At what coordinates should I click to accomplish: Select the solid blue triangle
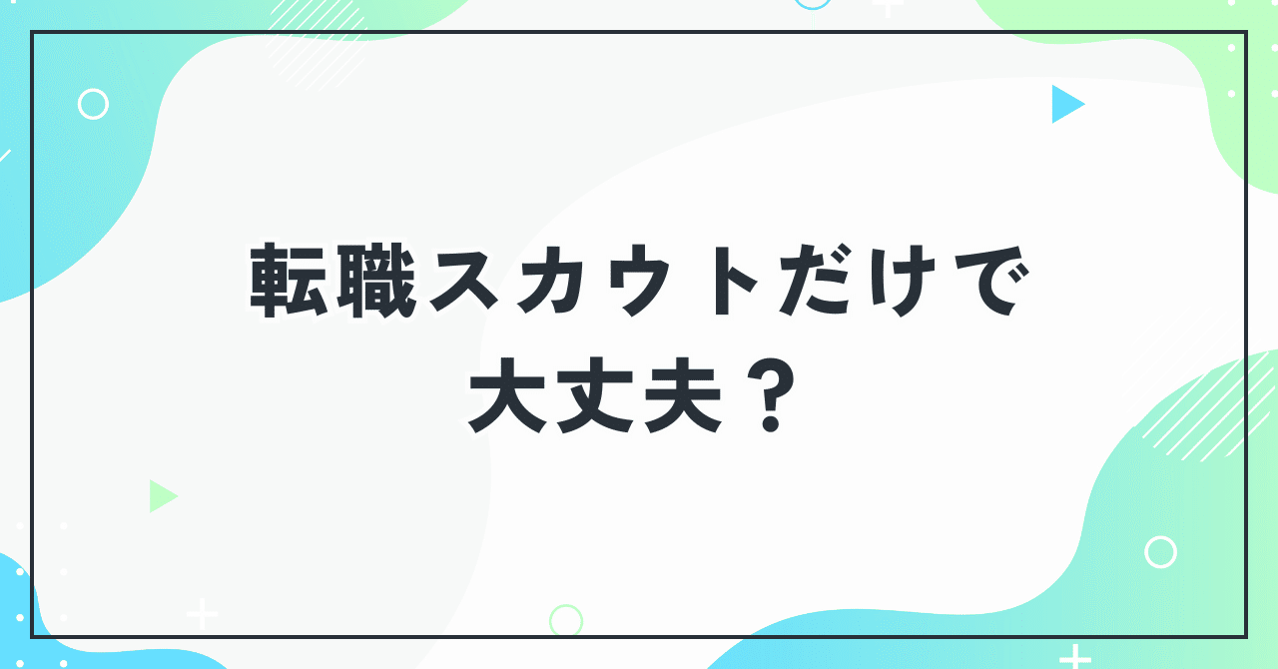coord(1064,104)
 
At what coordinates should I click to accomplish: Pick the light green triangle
coord(161,496)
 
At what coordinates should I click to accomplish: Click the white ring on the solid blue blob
coord(93,104)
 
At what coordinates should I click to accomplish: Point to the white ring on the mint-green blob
coord(1160,552)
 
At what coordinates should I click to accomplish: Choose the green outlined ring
coord(565,620)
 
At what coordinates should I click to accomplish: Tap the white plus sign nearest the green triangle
coord(202,613)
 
